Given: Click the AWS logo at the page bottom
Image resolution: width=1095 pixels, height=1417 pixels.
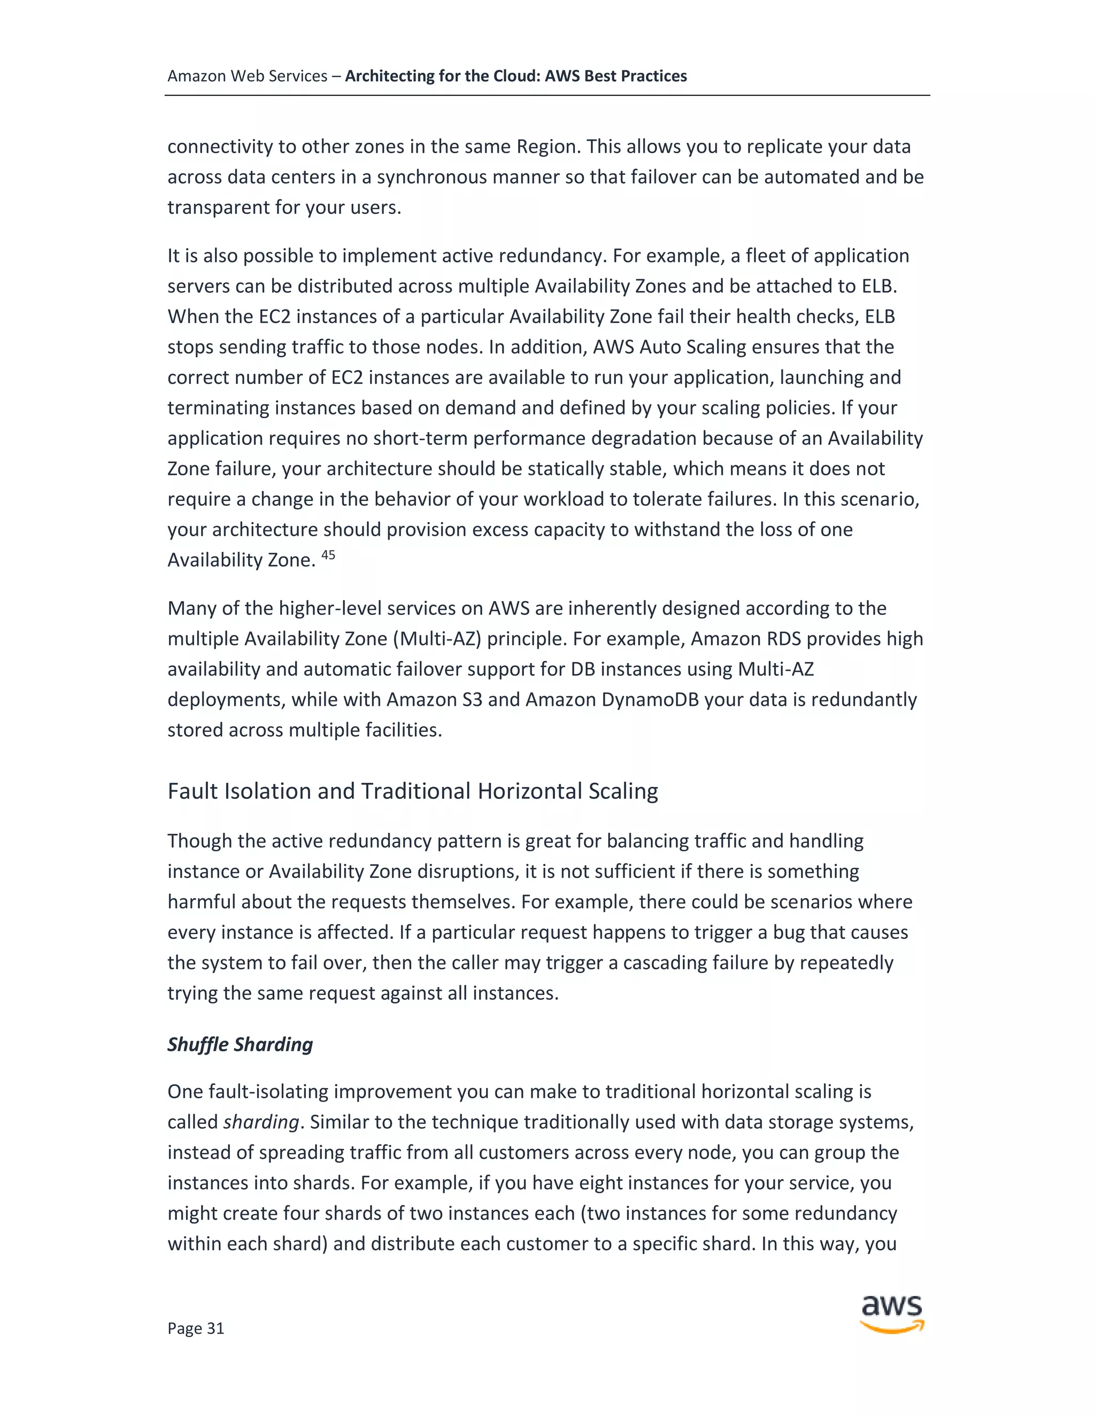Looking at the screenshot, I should pyautogui.click(x=892, y=1314).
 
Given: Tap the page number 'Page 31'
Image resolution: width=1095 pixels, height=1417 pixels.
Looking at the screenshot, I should pyautogui.click(x=196, y=1328).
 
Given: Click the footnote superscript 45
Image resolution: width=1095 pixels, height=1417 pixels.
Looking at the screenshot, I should pyautogui.click(x=328, y=555).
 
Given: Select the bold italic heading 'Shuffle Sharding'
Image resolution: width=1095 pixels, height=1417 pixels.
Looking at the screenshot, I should pyautogui.click(x=240, y=1044).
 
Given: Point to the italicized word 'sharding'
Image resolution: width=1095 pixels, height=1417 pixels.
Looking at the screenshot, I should pyautogui.click(x=261, y=1122).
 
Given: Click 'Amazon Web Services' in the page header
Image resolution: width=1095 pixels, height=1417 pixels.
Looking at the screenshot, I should pyautogui.click(x=247, y=76).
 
